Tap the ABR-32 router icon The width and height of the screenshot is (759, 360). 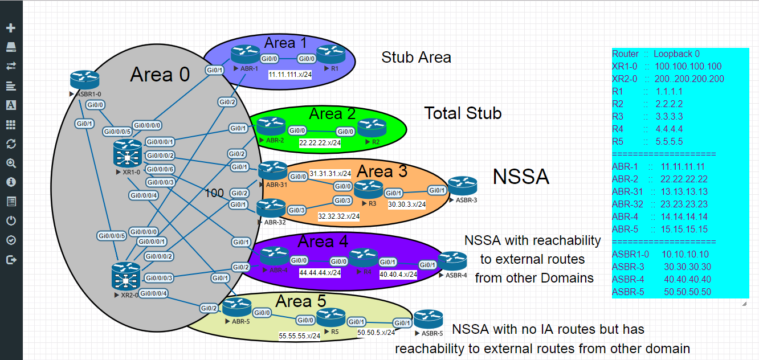[271, 208]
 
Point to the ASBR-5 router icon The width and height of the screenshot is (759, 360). [429, 320]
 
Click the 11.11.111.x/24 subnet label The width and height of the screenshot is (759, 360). [290, 75]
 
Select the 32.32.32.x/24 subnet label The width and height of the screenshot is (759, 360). [338, 216]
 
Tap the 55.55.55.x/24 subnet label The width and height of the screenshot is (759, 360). [299, 336]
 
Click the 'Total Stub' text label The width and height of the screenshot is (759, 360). [463, 113]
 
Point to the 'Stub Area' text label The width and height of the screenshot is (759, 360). [416, 58]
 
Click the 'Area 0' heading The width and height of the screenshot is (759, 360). [160, 75]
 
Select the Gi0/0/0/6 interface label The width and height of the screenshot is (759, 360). [160, 169]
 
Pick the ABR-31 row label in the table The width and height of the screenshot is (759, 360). [627, 192]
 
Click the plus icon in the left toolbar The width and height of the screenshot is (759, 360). [11, 28]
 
